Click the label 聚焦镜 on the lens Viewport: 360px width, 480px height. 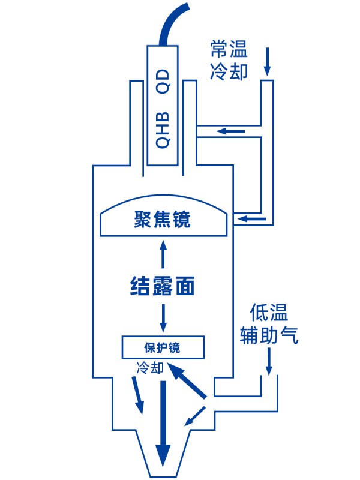(x=163, y=220)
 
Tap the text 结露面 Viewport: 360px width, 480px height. (x=163, y=286)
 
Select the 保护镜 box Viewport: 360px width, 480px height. (x=163, y=347)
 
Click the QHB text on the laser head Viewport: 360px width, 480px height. (x=163, y=130)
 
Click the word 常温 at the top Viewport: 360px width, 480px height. (x=229, y=47)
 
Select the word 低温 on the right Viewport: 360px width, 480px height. (x=269, y=313)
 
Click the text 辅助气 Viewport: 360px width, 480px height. (x=268, y=335)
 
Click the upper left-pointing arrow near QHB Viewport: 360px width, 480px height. (x=230, y=131)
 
